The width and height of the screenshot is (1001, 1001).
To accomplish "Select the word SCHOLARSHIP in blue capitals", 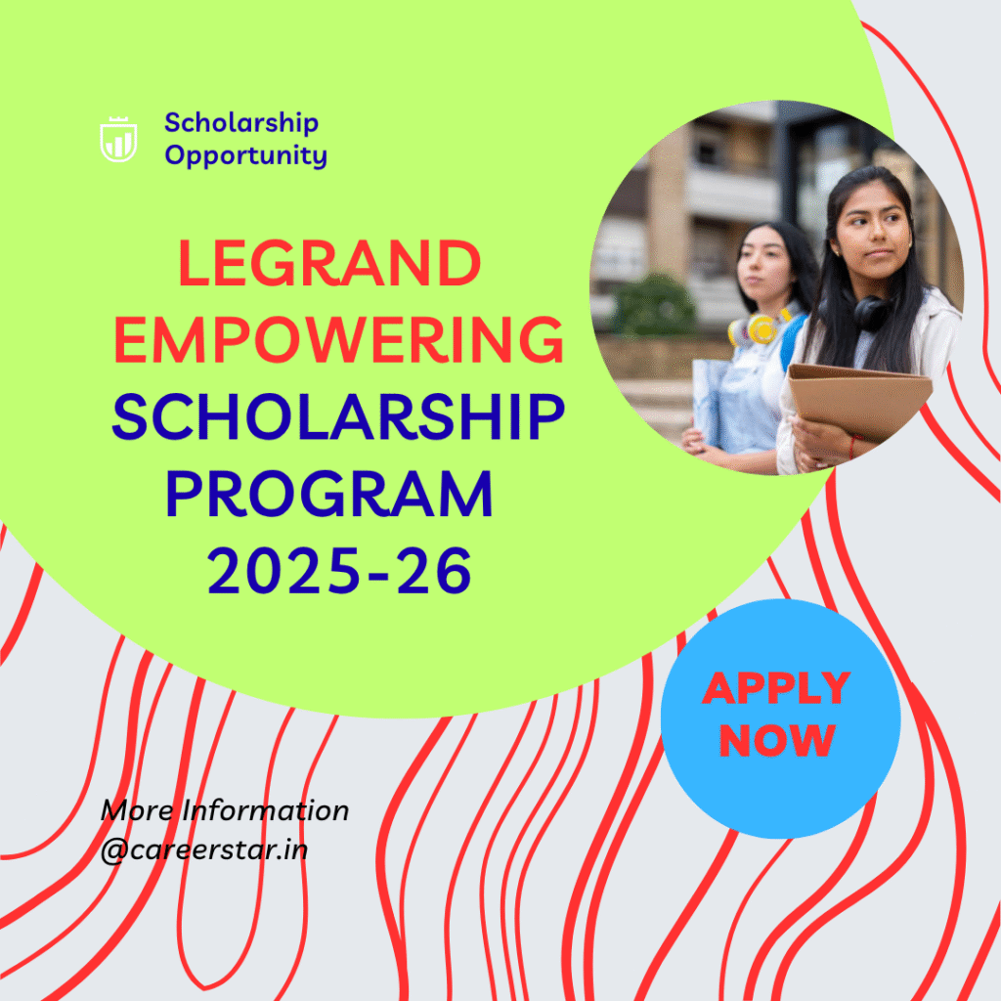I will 338,416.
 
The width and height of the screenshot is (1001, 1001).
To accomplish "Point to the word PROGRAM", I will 329,495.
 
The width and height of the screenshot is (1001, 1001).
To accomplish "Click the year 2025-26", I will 338,572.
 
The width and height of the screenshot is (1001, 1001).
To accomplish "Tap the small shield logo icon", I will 118,140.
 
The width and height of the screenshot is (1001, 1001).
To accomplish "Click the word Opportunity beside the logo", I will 245,154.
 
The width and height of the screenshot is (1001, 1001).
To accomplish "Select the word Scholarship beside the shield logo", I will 241,123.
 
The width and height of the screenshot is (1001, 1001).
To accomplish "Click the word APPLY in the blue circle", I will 776,689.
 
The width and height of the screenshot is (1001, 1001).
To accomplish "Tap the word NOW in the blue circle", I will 777,740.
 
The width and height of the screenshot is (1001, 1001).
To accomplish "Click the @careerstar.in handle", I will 204,849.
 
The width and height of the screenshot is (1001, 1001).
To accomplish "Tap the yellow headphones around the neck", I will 758,328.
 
